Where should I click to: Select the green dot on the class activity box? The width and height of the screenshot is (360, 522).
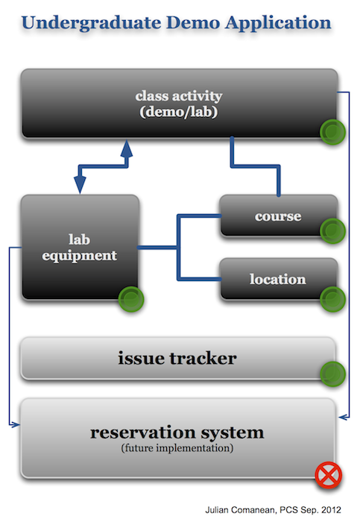pos(332,132)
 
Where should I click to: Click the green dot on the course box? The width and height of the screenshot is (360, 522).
pos(332,230)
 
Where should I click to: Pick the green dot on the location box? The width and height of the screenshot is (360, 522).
pos(332,299)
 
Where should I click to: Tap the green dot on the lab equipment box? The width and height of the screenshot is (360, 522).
pos(131,299)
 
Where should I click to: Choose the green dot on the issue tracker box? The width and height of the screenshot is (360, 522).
pos(332,374)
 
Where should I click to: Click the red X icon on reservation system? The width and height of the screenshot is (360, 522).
pos(329,475)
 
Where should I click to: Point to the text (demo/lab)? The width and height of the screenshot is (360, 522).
pos(179,112)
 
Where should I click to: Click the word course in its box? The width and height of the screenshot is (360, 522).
pos(278,216)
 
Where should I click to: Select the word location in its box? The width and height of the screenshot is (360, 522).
pos(278,279)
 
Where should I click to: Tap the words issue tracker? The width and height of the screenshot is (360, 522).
pos(177,358)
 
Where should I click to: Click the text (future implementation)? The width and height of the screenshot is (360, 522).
pos(177,448)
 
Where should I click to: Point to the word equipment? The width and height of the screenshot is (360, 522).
pos(80,256)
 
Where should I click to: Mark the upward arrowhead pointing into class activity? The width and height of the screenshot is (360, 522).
pos(127,149)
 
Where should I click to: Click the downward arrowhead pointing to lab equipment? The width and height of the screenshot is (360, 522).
pos(80,184)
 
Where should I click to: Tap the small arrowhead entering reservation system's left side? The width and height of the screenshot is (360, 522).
pos(15,424)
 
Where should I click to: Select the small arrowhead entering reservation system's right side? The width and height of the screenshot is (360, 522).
pos(344,416)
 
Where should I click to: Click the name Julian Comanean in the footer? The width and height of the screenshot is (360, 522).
pos(240,510)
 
